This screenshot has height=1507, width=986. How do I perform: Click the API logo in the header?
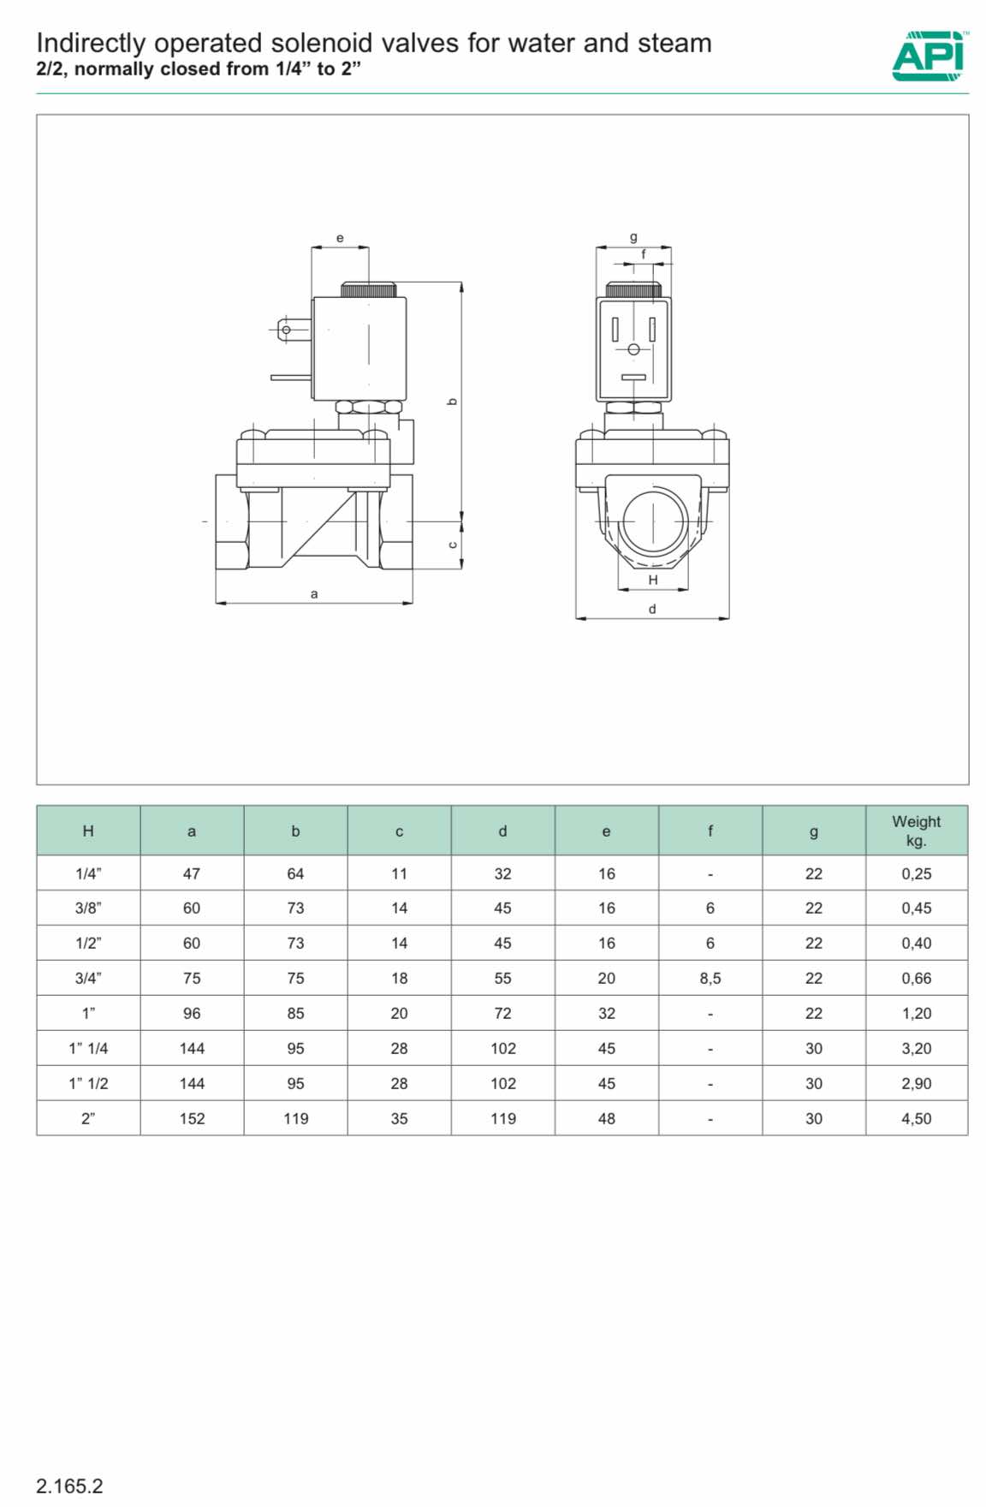pos(930,56)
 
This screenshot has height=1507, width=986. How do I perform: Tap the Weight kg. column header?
pos(916,831)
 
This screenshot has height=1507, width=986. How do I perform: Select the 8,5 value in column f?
pos(710,978)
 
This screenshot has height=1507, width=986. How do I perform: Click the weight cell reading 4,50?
pos(916,1118)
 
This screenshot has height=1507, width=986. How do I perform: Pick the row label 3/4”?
pos(88,978)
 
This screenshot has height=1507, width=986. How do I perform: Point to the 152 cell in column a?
pos(192,1118)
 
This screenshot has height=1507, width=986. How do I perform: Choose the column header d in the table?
pos(502,831)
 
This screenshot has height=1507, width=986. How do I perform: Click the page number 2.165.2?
pos(69,1486)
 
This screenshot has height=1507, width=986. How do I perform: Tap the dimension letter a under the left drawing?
pos(314,593)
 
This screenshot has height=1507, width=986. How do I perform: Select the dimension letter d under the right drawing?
pos(652,609)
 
